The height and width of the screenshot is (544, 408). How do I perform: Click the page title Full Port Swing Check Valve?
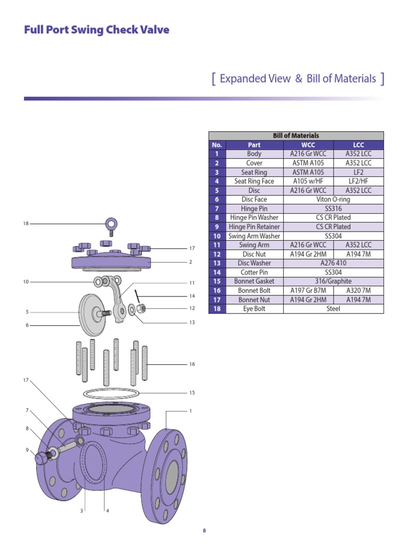pyautogui.click(x=97, y=30)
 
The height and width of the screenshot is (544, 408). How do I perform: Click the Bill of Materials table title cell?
pyautogui.click(x=295, y=136)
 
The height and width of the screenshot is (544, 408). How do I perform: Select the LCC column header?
pyautogui.click(x=358, y=145)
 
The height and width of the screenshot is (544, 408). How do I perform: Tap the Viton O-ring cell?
pyautogui.click(x=333, y=199)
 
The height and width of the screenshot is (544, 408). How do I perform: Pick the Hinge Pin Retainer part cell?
pyautogui.click(x=254, y=227)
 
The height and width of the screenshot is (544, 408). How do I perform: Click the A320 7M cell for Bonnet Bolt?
pyautogui.click(x=358, y=291)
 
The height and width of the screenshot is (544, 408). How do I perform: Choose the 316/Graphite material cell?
pyautogui.click(x=333, y=281)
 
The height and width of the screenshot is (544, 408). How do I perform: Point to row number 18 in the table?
pyautogui.click(x=217, y=309)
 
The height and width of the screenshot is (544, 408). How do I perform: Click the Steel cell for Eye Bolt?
pyautogui.click(x=333, y=309)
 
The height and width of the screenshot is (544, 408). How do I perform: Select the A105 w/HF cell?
pyautogui.click(x=308, y=181)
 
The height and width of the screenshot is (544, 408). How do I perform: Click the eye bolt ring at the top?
pyautogui.click(x=112, y=224)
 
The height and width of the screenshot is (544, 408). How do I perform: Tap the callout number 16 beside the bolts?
pyautogui.click(x=192, y=364)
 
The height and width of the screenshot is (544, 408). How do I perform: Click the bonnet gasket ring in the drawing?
pyautogui.click(x=111, y=394)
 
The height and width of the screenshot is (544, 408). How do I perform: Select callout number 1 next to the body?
pyautogui.click(x=190, y=411)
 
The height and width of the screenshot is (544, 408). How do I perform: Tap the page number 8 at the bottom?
pyautogui.click(x=204, y=531)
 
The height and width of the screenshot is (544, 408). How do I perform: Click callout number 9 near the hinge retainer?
pyautogui.click(x=27, y=450)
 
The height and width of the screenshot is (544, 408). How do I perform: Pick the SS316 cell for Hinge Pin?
pyautogui.click(x=333, y=209)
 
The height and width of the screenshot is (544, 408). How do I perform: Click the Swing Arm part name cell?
pyautogui.click(x=254, y=245)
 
